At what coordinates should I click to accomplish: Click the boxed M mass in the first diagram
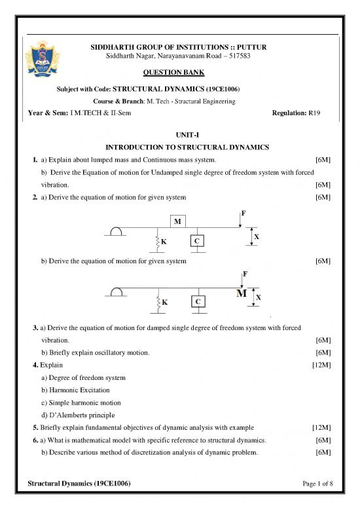[x=177, y=221]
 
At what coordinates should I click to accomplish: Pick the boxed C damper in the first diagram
[x=196, y=241]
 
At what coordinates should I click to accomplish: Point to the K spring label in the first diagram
[x=165, y=242]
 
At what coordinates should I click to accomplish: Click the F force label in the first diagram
[x=243, y=213]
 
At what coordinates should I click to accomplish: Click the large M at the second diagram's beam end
[x=242, y=293]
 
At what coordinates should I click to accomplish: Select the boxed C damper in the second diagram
[x=196, y=301]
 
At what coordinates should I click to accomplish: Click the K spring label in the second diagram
[x=165, y=303]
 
